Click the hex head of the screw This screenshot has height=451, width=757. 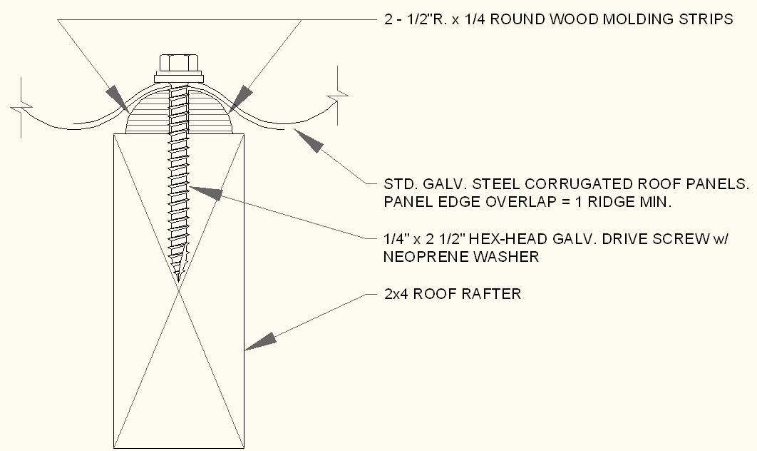point(179,64)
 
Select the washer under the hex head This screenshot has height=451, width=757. point(179,78)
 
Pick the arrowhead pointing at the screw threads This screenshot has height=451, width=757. point(206,192)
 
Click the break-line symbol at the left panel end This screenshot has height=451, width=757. point(21,107)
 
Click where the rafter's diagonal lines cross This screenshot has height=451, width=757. point(179,291)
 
